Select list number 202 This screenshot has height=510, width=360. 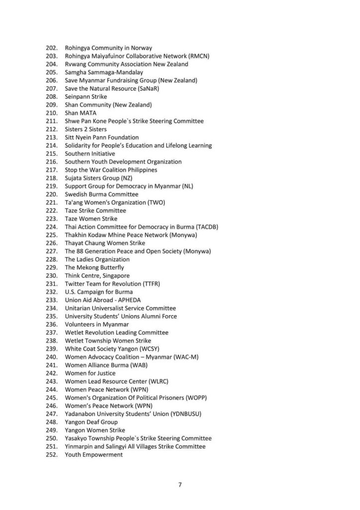point(51,48)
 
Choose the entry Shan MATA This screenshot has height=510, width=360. point(81,113)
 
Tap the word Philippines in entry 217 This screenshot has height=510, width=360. point(142,170)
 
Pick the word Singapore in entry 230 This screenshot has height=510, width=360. point(115,275)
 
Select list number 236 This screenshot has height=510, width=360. point(51,324)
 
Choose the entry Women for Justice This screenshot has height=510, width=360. point(90,373)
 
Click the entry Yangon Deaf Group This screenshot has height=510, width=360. point(91,422)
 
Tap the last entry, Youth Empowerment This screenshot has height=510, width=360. point(94,455)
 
